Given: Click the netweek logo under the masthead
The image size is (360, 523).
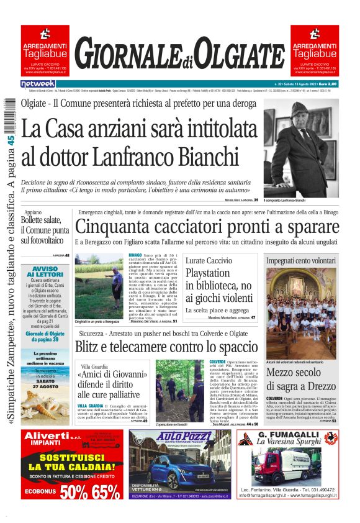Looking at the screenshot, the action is tap(38, 84).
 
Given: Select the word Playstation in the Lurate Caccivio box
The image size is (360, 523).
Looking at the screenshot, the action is tap(207, 273).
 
